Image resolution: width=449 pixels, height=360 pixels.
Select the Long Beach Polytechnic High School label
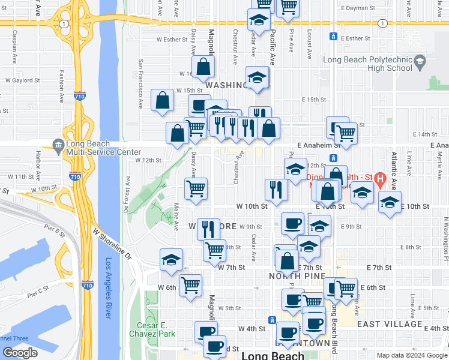click(x=367, y=64)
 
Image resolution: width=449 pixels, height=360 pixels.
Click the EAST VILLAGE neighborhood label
click(x=390, y=324)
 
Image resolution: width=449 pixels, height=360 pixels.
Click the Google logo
click(x=20, y=353)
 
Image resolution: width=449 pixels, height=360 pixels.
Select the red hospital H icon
click(x=379, y=178)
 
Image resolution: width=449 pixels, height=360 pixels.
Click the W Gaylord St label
click(x=23, y=80)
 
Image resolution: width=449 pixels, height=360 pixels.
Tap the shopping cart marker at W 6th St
click(x=190, y=285)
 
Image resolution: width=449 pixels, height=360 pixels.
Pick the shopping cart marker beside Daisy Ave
click(x=196, y=188)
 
